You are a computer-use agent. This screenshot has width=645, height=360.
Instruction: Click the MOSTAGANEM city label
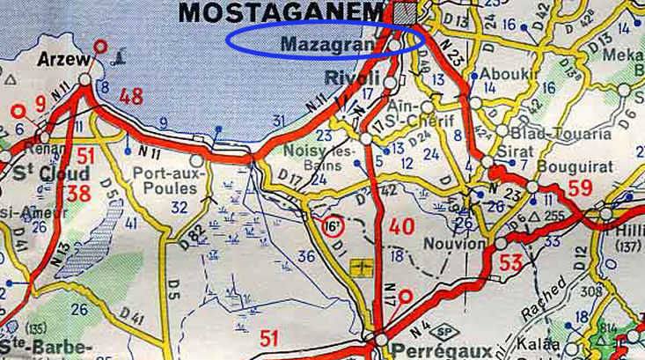pos(282,12)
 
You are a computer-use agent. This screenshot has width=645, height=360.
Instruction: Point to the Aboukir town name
pos(498,74)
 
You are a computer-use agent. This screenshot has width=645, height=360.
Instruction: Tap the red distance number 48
pos(131,96)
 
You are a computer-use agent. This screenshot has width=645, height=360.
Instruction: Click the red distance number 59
pos(580,187)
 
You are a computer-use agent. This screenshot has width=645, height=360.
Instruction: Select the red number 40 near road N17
pos(401,226)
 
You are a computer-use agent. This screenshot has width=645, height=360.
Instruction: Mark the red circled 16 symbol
pos(332,225)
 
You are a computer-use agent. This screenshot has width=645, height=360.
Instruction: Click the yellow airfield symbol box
pos(358,264)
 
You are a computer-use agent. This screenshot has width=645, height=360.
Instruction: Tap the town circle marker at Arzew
pos(84,79)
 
